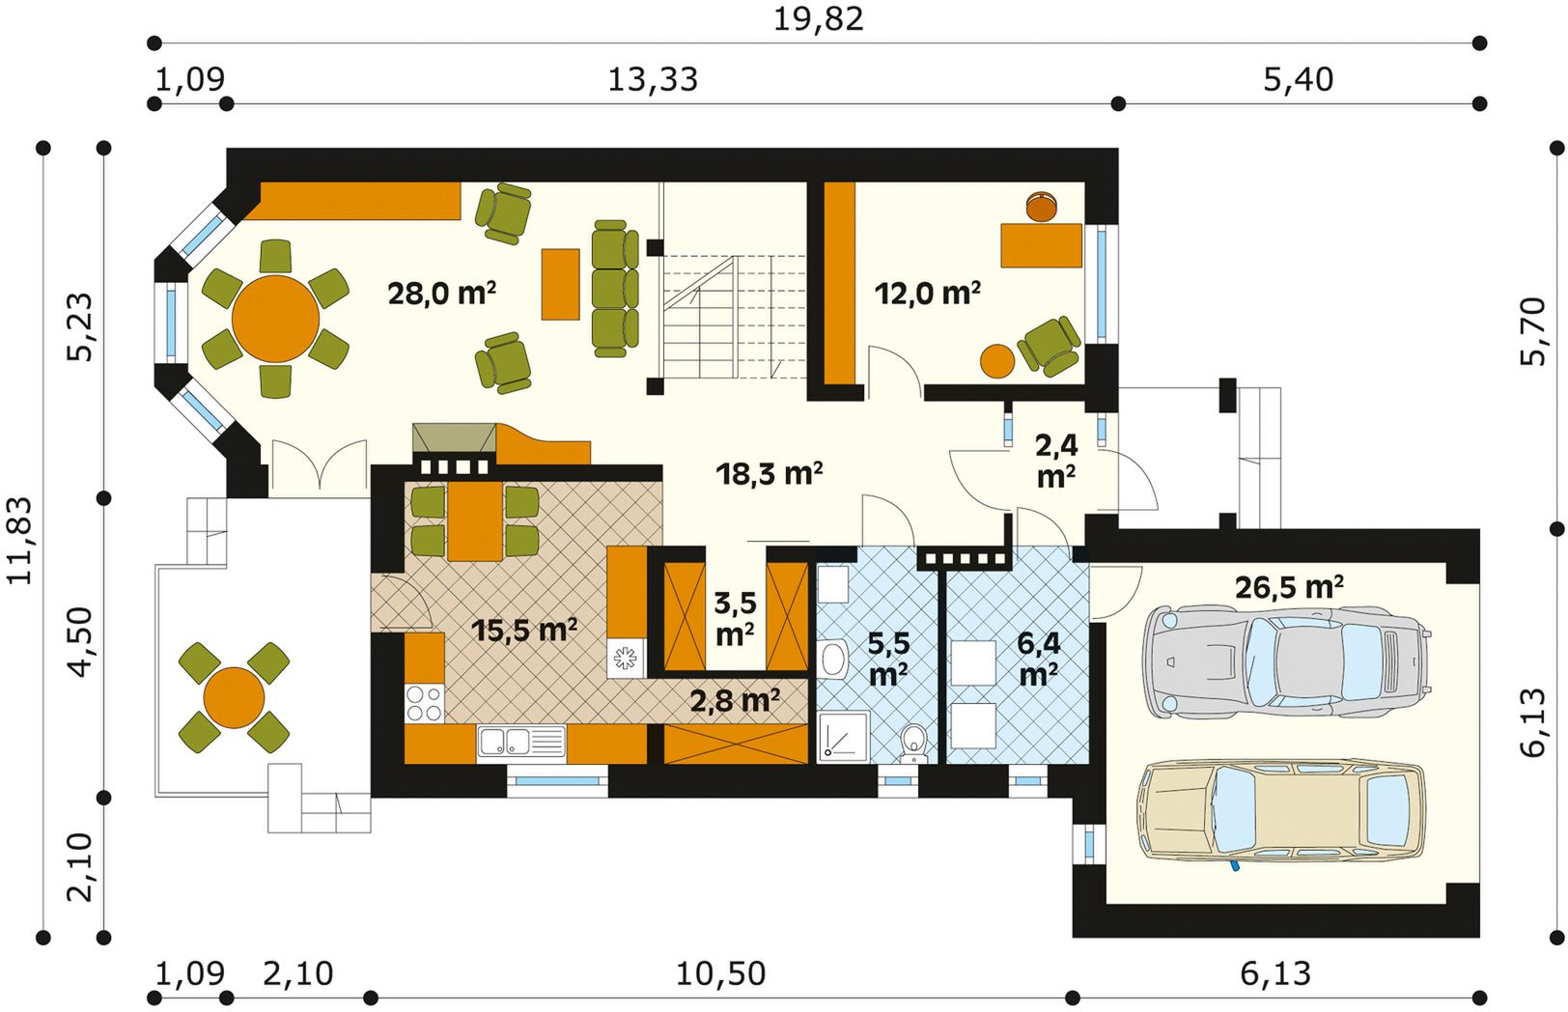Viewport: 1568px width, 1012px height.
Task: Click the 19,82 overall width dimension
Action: [818, 19]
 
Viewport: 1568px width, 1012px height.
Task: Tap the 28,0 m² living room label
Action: [441, 294]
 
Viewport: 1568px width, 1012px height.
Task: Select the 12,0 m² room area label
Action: [928, 294]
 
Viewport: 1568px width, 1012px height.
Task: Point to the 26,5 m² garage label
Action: [1289, 587]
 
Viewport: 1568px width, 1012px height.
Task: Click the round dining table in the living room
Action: [276, 319]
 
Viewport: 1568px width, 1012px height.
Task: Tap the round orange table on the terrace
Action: [234, 698]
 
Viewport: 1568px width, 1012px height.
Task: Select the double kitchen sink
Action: [521, 742]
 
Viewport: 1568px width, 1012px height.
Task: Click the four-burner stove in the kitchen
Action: [424, 703]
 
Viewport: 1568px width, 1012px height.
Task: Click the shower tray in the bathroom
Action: [844, 737]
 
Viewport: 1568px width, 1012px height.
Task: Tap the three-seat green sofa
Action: [615, 289]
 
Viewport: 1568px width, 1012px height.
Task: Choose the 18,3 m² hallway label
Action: [769, 474]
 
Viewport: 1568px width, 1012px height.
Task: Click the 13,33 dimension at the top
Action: [653, 80]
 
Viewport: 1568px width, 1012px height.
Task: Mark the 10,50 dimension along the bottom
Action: [720, 973]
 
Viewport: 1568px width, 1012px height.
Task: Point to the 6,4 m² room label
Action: [1039, 660]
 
